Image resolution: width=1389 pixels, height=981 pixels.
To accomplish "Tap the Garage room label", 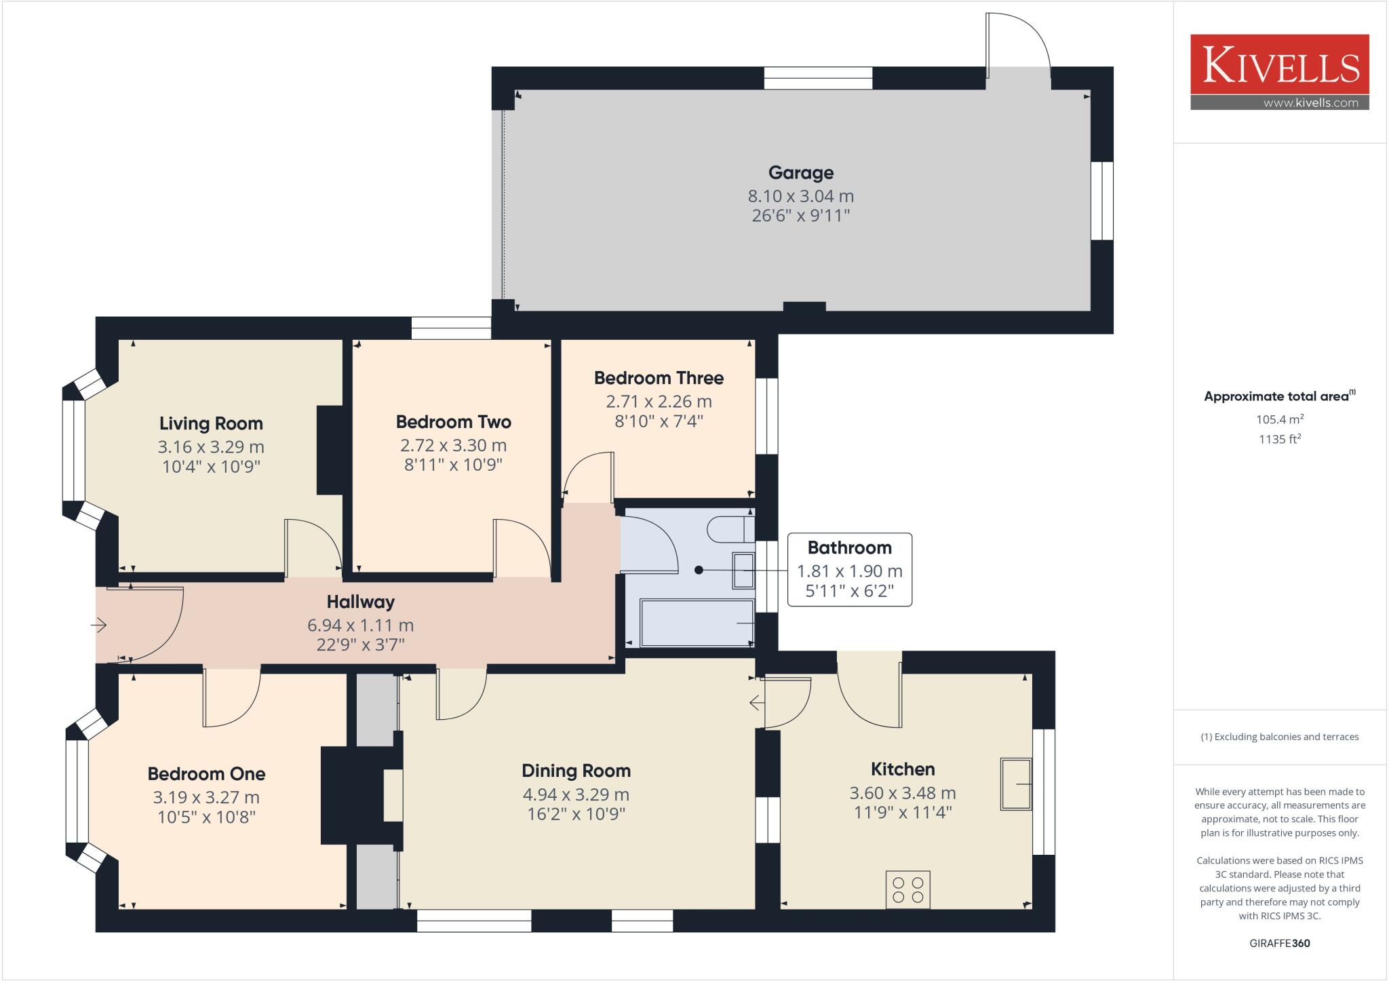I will point(800,173).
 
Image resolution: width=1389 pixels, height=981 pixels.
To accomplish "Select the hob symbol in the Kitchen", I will point(907,889).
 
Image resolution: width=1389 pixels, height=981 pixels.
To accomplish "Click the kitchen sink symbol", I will point(1015,784).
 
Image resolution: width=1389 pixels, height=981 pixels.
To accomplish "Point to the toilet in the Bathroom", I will point(730,529).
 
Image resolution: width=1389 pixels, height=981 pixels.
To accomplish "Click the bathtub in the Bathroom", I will point(697,623).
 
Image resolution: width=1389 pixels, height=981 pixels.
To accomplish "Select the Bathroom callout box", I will point(849,569).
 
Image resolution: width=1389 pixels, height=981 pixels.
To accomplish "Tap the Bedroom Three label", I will point(659,378).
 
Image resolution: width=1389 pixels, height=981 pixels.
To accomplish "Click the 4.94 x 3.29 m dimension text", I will point(576,794).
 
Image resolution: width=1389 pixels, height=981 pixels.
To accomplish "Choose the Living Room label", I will point(211,423).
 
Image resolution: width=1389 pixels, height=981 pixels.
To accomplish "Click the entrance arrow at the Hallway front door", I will point(100,625).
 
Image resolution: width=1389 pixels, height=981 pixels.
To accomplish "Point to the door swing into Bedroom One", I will point(231,699).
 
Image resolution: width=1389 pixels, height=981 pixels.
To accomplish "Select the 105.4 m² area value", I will point(1279,419).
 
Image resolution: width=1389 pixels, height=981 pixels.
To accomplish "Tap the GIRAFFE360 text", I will point(1279,943).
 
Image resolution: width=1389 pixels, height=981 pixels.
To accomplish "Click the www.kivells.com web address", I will point(1310,103).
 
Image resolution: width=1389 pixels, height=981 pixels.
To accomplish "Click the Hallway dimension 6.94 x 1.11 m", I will point(360,625).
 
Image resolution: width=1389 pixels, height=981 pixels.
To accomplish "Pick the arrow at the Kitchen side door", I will point(756,703).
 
